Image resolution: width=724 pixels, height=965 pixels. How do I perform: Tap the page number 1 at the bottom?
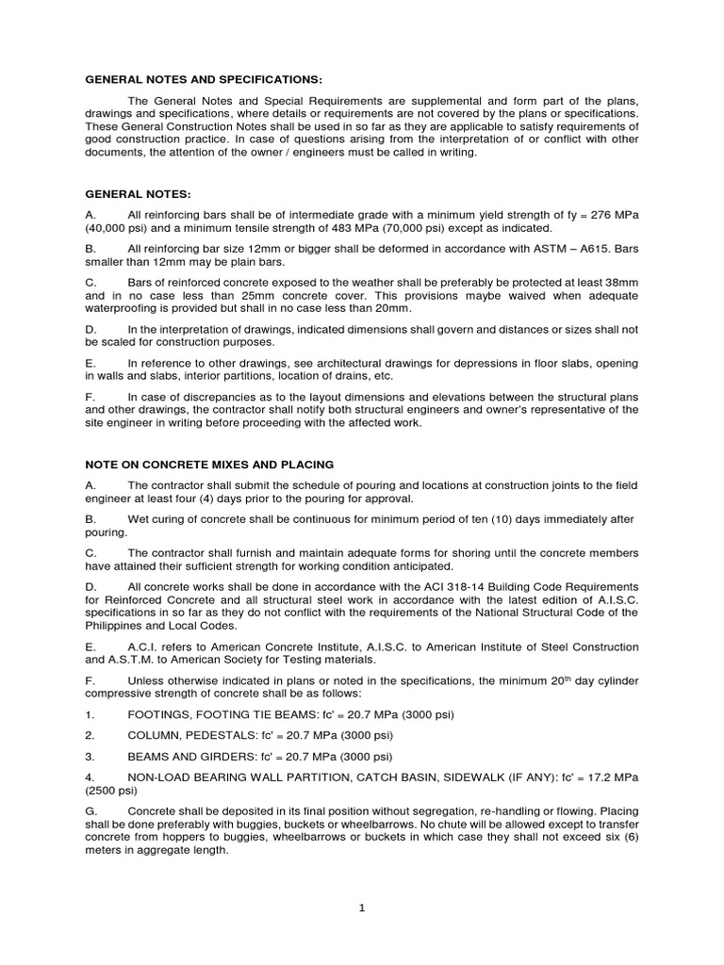pyautogui.click(x=361, y=908)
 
